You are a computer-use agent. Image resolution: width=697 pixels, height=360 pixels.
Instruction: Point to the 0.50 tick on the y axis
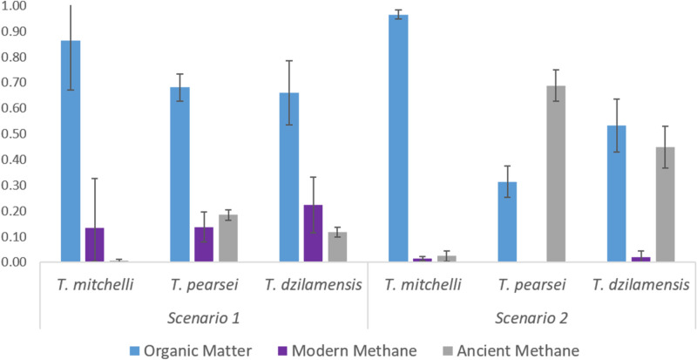[17, 134]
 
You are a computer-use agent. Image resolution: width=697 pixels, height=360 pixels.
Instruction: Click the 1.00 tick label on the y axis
[17, 6]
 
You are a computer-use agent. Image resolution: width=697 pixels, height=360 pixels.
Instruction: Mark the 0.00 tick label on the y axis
[17, 262]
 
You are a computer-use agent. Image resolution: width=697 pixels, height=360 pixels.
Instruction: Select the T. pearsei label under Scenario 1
[205, 285]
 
